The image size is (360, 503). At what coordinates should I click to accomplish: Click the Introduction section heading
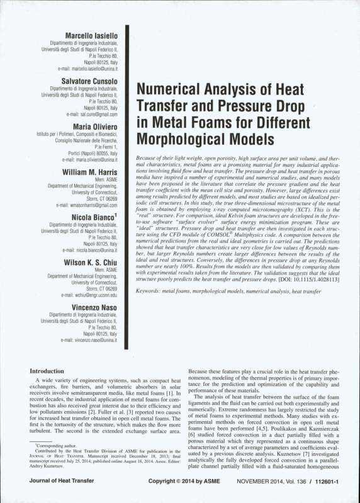(52, 371)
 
